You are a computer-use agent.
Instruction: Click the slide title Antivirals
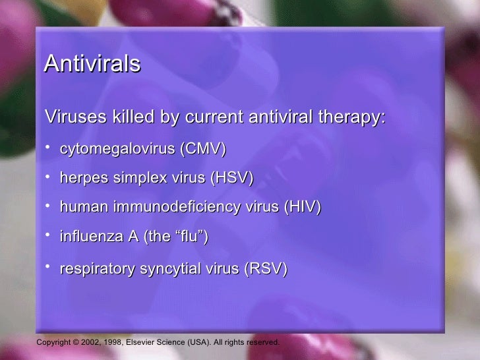pyautogui.click(x=92, y=65)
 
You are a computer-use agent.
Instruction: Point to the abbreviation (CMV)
pyautogui.click(x=204, y=150)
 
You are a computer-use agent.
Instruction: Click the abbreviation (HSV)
pyautogui.click(x=231, y=179)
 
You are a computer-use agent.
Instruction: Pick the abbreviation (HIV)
pyautogui.click(x=302, y=207)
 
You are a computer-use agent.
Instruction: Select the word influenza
pyautogui.click(x=88, y=236)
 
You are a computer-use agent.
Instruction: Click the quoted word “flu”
pyautogui.click(x=191, y=236)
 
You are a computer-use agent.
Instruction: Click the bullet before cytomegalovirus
pyautogui.click(x=48, y=148)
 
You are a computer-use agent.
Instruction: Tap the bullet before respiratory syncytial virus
pyautogui.click(x=48, y=267)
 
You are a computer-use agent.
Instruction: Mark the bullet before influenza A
pyautogui.click(x=48, y=234)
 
